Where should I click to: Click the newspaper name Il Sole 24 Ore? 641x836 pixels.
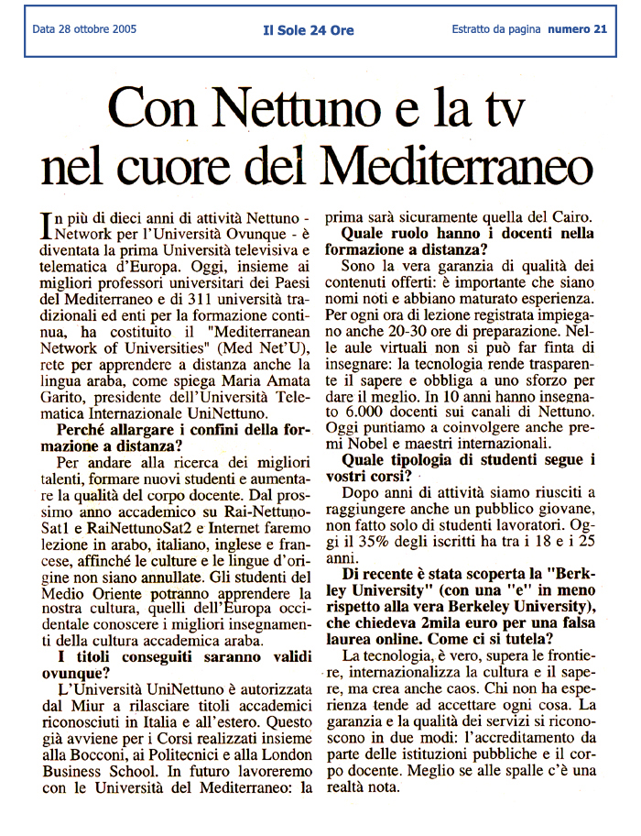pos(309,30)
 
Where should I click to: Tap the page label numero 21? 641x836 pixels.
pos(577,29)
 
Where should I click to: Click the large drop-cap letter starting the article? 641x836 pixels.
pos(48,223)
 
